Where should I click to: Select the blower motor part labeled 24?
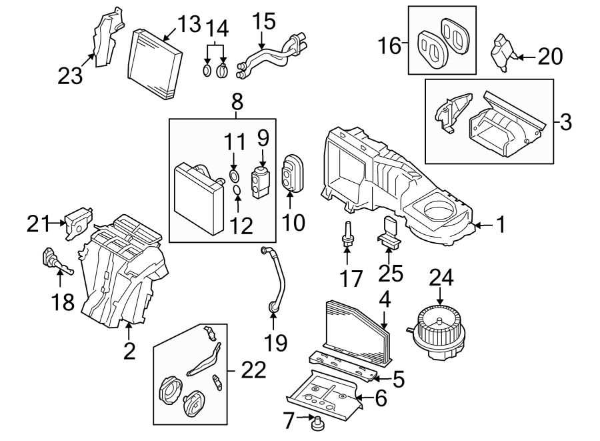[437, 328]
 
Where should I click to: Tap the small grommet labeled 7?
[318, 422]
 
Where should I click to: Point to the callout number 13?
[189, 25]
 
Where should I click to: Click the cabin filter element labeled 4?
[353, 330]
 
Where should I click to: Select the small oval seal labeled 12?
[237, 194]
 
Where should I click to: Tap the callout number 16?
[390, 46]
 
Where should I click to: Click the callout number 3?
[565, 122]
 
